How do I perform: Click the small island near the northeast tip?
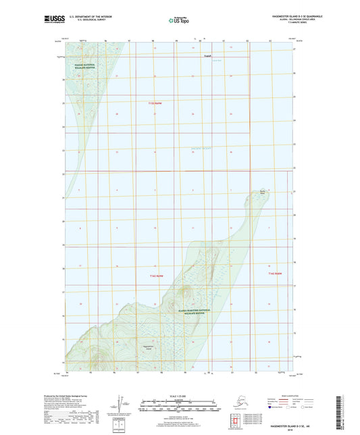(263, 192)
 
